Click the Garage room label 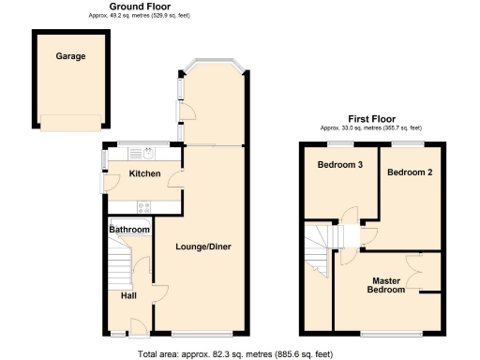click(70, 56)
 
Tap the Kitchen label click(144, 173)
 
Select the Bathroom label click(129, 230)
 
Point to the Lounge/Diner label click(202, 247)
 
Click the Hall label click(128, 295)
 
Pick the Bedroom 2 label click(410, 172)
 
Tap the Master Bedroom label click(387, 285)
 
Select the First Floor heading click(371, 119)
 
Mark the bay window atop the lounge click(217, 65)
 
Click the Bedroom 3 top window click(338, 142)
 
